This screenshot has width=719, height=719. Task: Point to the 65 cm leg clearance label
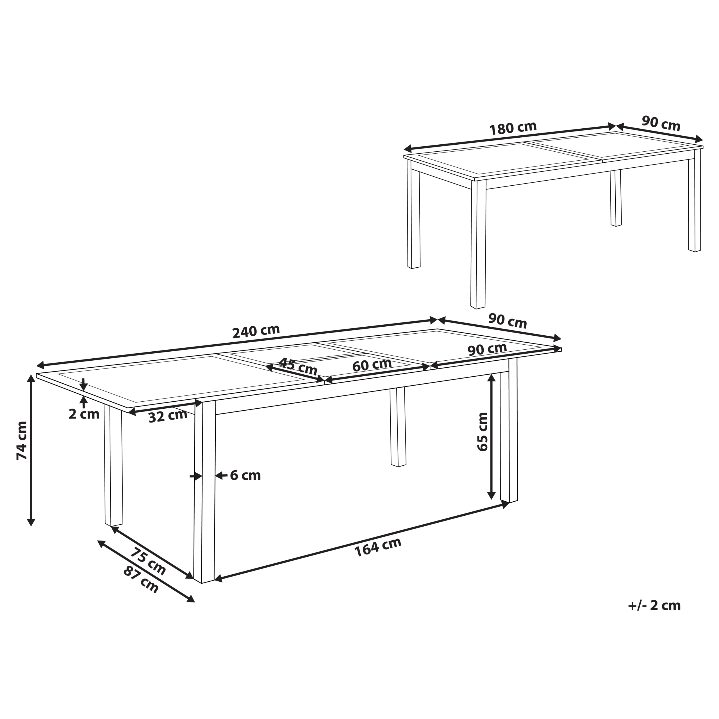click(x=482, y=432)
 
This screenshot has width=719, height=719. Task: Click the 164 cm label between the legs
click(x=377, y=547)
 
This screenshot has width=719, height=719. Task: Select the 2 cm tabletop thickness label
click(x=84, y=414)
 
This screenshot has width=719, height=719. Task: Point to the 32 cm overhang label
click(x=168, y=415)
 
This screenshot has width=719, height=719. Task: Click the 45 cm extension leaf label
click(x=298, y=366)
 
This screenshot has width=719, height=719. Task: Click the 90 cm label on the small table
click(x=661, y=124)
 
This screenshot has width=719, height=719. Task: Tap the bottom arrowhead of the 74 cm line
click(x=31, y=522)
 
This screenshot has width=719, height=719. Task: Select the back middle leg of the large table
click(x=398, y=427)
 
